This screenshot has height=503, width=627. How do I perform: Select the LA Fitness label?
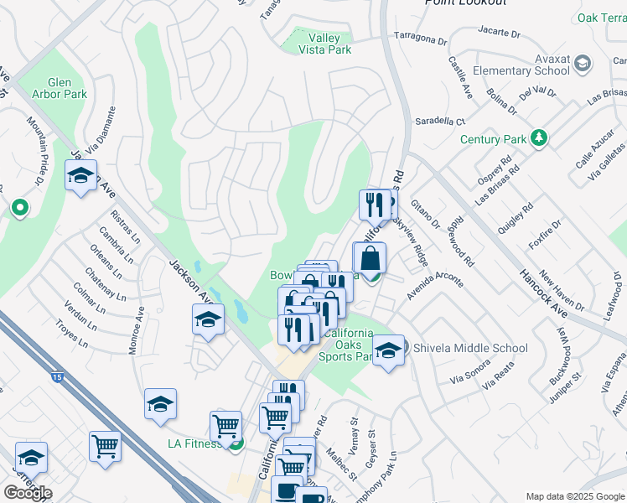[x=196, y=443]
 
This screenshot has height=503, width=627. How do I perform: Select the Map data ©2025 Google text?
[x=574, y=496]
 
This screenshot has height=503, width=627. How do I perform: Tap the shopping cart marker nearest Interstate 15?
[x=106, y=445]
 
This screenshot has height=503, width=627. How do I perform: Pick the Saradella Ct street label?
[x=441, y=120]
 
